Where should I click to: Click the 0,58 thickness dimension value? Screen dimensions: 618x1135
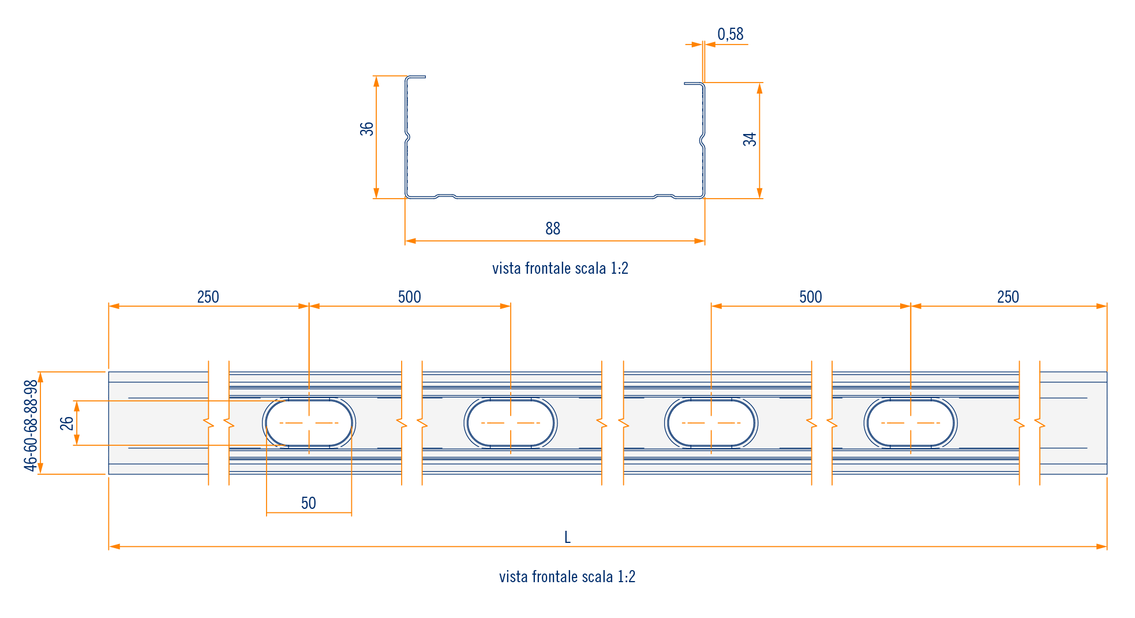click(730, 35)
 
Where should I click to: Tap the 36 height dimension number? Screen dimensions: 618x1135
click(367, 129)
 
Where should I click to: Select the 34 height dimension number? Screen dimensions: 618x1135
click(750, 139)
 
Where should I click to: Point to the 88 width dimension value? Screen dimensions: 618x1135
click(553, 229)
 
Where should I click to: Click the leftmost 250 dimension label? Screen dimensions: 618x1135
click(208, 297)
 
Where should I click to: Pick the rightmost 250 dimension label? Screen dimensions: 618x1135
click(1008, 297)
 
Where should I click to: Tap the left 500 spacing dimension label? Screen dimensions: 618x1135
click(409, 297)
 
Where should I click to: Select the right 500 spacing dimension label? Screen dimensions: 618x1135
click(810, 297)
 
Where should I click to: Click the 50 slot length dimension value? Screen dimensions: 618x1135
click(308, 503)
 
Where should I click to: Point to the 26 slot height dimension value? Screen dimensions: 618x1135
click(67, 423)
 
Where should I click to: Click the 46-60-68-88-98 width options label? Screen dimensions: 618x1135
click(31, 425)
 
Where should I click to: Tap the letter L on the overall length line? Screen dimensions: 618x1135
click(567, 538)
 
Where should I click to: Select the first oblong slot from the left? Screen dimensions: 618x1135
click(309, 423)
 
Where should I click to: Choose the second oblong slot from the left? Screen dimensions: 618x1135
click(510, 423)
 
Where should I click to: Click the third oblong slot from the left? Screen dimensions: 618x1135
click(711, 423)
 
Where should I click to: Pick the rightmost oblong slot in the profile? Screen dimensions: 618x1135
click(911, 423)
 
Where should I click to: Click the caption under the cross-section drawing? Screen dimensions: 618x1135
click(560, 269)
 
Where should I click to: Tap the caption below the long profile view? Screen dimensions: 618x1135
click(567, 576)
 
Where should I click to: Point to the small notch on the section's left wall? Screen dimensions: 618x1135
click(408, 137)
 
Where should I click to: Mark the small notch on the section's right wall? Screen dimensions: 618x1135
click(702, 139)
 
